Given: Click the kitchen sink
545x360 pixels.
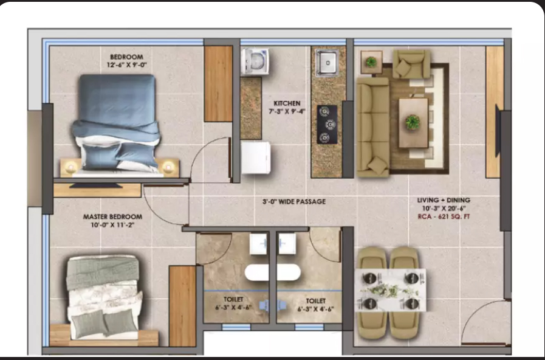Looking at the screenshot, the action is pyautogui.click(x=327, y=63).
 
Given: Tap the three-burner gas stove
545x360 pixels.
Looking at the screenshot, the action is pyautogui.click(x=327, y=125).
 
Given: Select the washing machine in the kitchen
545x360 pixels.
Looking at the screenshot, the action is pyautogui.click(x=255, y=61).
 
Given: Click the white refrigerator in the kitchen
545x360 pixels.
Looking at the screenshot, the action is pyautogui.click(x=256, y=157).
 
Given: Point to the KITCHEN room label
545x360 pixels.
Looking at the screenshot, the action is pyautogui.click(x=287, y=103).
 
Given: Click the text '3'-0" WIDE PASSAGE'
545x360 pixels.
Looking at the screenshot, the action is pyautogui.click(x=294, y=201).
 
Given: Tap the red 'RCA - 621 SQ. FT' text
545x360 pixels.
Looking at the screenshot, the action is pyautogui.click(x=444, y=216).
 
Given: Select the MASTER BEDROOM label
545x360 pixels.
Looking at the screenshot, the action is pyautogui.click(x=112, y=216).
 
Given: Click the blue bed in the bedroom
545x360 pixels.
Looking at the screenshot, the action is pyautogui.click(x=116, y=123).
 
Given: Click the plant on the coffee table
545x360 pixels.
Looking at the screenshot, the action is pyautogui.click(x=413, y=122).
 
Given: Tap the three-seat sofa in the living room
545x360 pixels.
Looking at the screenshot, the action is pyautogui.click(x=373, y=126).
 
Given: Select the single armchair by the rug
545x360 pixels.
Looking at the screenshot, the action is pyautogui.click(x=411, y=64).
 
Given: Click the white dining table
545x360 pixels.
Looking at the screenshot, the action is pyautogui.click(x=390, y=290).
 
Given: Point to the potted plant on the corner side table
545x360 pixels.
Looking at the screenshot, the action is pyautogui.click(x=371, y=62).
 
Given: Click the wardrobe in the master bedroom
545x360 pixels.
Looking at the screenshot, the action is pyautogui.click(x=182, y=306).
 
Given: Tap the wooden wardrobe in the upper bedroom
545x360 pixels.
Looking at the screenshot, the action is pyautogui.click(x=218, y=83).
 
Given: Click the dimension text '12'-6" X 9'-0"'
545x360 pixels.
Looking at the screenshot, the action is pyautogui.click(x=127, y=64).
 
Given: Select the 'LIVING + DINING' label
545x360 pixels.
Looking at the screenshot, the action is pyautogui.click(x=444, y=200).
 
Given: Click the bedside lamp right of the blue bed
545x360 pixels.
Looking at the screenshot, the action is pyautogui.click(x=168, y=167).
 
